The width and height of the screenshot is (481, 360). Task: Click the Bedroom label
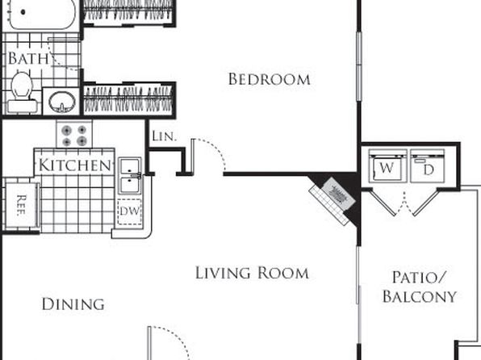point(269,79)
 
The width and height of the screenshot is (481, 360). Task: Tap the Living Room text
point(252,273)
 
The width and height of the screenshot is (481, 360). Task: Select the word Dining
point(73,304)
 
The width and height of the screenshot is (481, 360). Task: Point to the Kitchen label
point(74,165)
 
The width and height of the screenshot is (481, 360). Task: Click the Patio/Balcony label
point(420,287)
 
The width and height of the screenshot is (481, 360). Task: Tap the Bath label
point(28,58)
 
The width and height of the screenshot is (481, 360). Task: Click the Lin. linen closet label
point(165,136)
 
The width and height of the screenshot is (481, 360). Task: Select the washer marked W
point(387,166)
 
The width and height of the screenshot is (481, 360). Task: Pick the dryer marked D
point(427,166)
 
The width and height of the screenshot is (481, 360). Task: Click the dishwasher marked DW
point(129,211)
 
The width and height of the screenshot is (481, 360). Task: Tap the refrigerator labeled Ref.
point(22,205)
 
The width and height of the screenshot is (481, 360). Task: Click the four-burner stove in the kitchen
point(74,134)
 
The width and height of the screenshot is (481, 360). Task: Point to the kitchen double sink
point(130,176)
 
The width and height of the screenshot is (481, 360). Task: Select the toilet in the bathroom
point(22,92)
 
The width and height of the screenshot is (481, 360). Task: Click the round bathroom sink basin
point(62,101)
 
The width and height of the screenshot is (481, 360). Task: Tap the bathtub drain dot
point(23,12)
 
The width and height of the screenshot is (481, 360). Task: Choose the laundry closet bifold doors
point(404,203)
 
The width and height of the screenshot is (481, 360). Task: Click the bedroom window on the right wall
point(359,65)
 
